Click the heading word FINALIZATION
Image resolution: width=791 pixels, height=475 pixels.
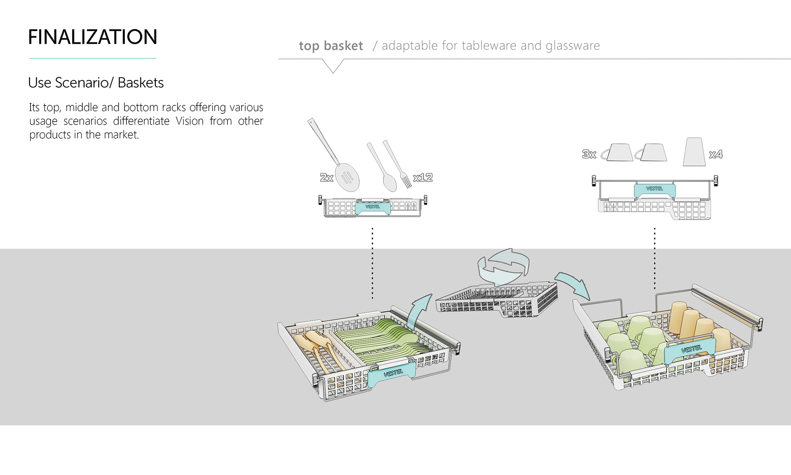pos(93,37)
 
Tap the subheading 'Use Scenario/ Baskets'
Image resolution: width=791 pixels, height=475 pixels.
pos(96,83)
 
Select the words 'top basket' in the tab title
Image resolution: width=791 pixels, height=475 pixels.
pos(331,46)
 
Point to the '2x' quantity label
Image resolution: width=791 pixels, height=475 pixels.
pos(326,178)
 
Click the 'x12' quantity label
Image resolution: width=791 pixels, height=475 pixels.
pos(423,178)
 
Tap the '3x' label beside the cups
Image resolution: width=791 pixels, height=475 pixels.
pos(589,154)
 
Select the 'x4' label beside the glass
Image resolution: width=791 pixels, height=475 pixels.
pos(716,154)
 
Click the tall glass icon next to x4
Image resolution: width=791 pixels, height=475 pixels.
pos(694,152)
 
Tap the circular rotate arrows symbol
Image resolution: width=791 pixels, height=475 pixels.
pos(503,266)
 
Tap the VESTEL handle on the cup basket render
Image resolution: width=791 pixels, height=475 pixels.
pos(690,350)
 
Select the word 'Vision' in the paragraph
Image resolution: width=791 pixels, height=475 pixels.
pos(190,121)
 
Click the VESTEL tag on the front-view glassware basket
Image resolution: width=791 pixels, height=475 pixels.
pos(654,189)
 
